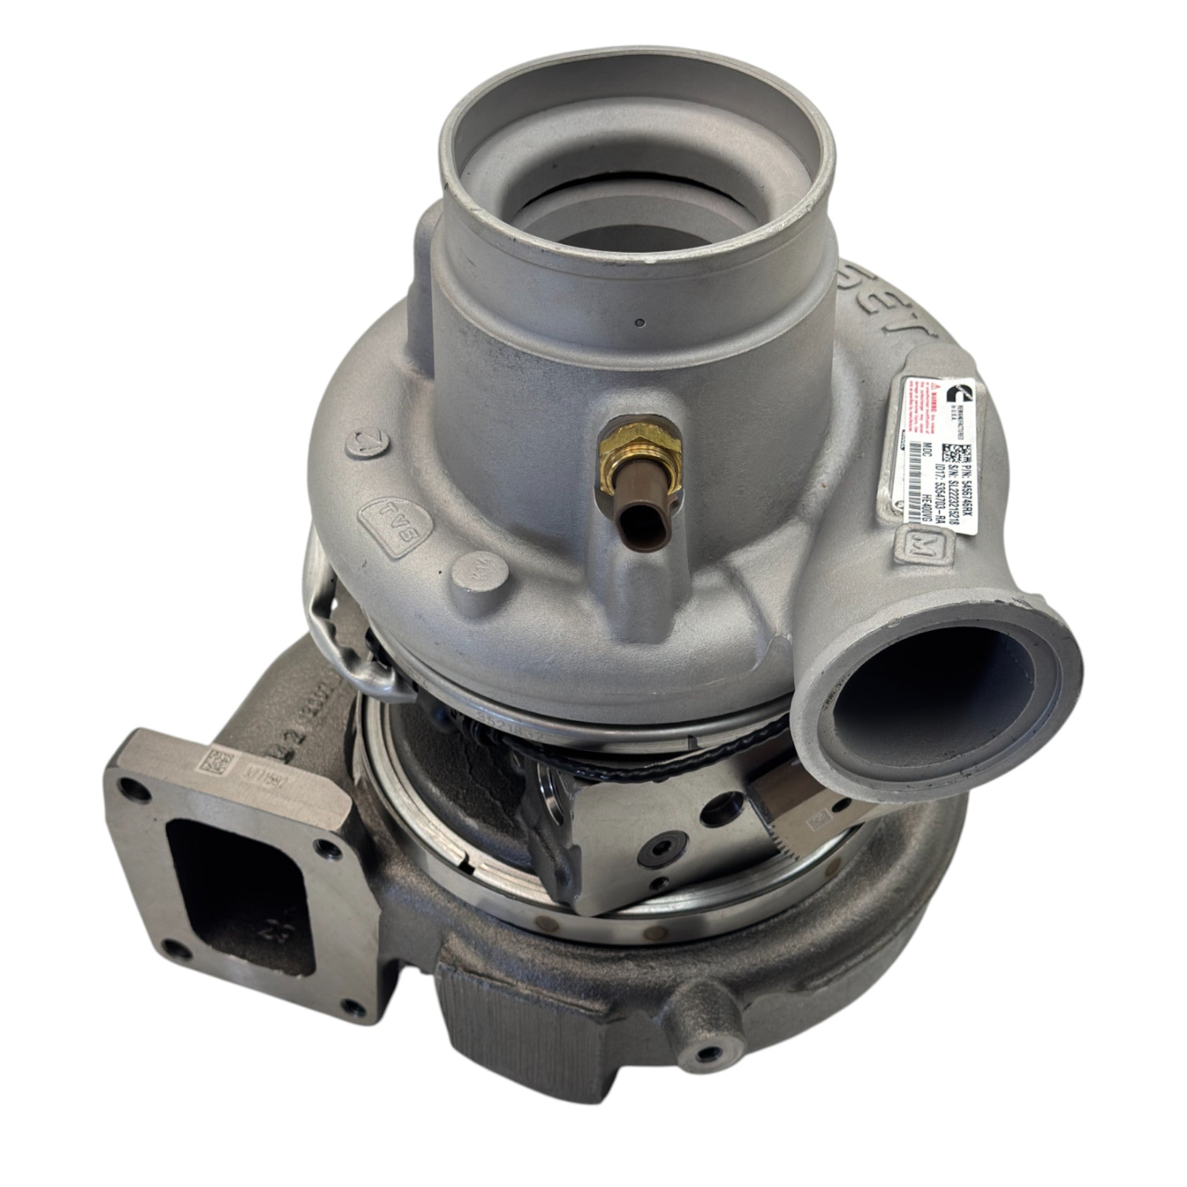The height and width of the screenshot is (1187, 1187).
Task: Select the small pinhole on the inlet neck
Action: pyautogui.click(x=640, y=321)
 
